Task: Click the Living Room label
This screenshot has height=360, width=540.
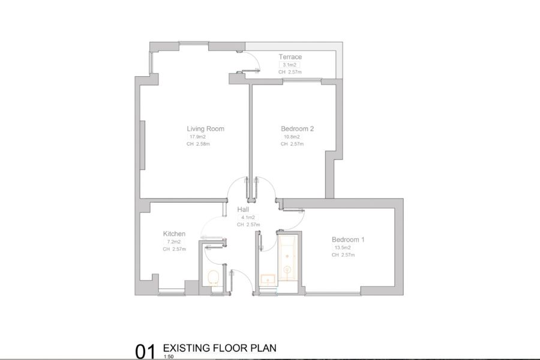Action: tap(206, 129)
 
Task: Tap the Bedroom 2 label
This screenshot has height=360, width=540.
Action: tap(297, 129)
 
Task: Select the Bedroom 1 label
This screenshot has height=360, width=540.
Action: tap(348, 239)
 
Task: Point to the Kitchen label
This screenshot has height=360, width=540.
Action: tap(174, 233)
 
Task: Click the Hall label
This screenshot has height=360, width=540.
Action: tap(243, 209)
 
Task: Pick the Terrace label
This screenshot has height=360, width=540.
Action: tap(290, 57)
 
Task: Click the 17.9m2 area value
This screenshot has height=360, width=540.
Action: tap(197, 137)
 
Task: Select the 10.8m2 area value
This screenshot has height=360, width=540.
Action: tap(292, 137)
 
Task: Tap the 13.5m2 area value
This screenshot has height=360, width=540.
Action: tap(343, 248)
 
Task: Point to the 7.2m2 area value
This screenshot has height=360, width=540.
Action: tap(174, 242)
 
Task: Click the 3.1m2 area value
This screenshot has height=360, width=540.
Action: tap(289, 65)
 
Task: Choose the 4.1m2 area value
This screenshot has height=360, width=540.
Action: tap(248, 217)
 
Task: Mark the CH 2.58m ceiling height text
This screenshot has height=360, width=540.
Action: tap(198, 144)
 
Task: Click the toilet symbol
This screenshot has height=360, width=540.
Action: tap(214, 278)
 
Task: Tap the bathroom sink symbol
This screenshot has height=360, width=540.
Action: tap(268, 280)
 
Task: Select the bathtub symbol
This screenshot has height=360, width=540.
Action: tap(287, 258)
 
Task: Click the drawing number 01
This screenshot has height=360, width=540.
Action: tap(145, 352)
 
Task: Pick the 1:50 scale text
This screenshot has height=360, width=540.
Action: tap(169, 357)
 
